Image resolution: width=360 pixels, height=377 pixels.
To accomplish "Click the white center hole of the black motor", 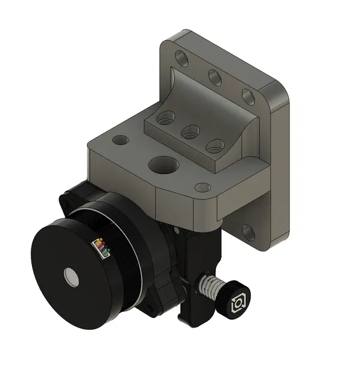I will click(71, 277).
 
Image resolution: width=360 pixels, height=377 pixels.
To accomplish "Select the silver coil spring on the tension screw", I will click(209, 285).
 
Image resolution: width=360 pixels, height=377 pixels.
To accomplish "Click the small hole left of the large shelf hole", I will click(121, 140).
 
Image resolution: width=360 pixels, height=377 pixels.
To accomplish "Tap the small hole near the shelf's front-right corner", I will click(203, 188).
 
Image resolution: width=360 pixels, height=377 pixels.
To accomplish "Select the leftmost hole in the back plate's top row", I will click(182, 58).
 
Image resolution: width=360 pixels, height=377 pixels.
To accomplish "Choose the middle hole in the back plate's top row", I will click(215, 77).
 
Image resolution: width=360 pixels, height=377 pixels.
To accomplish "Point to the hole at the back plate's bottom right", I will click(247, 231).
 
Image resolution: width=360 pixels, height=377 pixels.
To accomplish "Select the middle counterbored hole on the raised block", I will click(190, 131).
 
